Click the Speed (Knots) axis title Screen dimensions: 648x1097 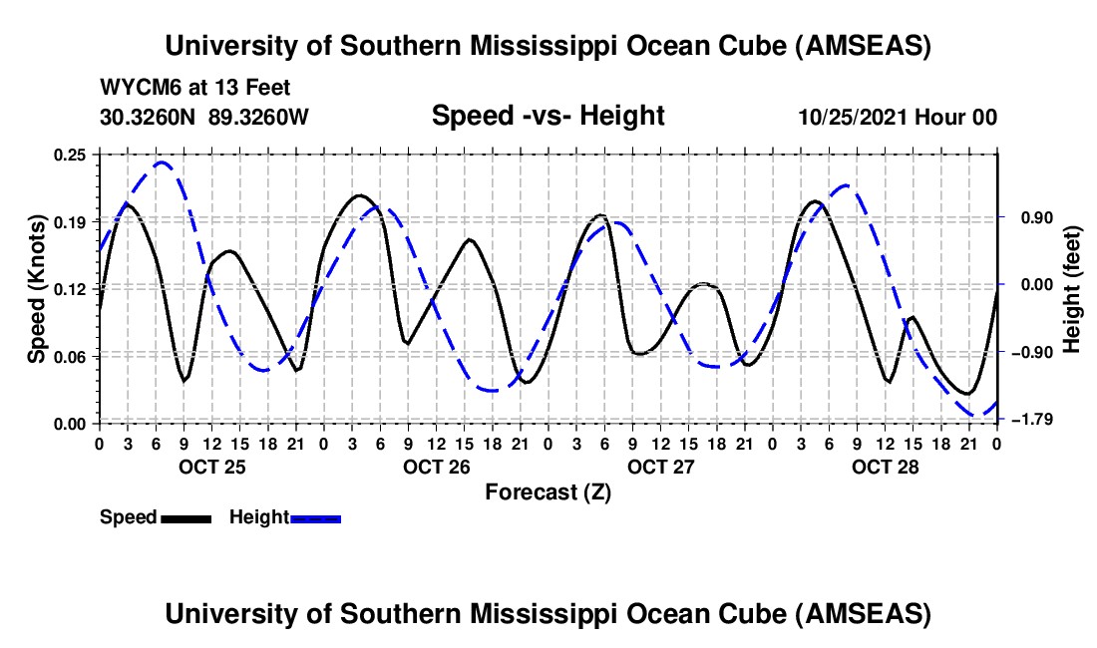(x=37, y=288)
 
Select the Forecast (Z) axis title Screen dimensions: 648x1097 (x=548, y=491)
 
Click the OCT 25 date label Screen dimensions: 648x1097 (x=210, y=467)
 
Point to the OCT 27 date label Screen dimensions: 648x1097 (x=660, y=467)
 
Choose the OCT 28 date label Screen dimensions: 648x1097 (x=885, y=467)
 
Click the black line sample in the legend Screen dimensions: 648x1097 (x=185, y=517)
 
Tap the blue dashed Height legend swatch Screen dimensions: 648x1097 (x=316, y=517)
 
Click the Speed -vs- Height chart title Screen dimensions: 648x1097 (x=548, y=116)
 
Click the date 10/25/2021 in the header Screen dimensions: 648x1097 (x=855, y=117)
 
